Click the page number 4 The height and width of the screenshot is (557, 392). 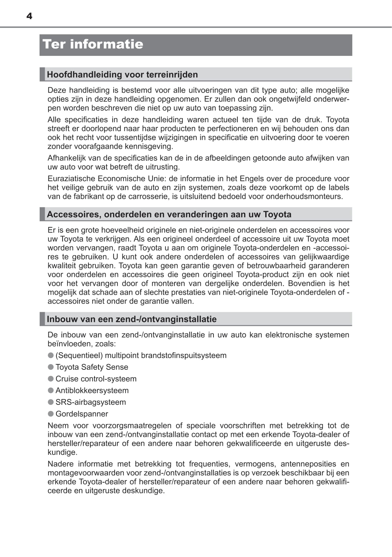(29, 16)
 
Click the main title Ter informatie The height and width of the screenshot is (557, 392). (93, 44)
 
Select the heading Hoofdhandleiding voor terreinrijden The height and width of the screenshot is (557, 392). (122, 74)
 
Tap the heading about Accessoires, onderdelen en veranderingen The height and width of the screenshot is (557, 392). (169, 214)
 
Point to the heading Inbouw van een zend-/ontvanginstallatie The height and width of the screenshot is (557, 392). (131, 319)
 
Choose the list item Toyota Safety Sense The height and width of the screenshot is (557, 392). (92, 367)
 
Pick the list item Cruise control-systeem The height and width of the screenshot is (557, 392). (96, 379)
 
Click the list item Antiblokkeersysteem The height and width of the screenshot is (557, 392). (92, 390)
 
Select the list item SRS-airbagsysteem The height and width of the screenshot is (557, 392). (90, 402)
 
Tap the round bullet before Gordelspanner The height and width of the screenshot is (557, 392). (51, 414)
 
